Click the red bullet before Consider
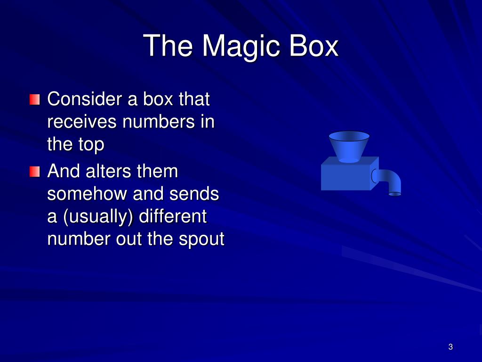pyautogui.click(x=34, y=100)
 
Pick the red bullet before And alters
pyautogui.click(x=34, y=171)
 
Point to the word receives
pyautogui.click(x=82, y=123)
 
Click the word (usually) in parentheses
pyautogui.click(x=96, y=217)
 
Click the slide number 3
pyautogui.click(x=450, y=347)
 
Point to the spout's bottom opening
pyautogui.click(x=395, y=194)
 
